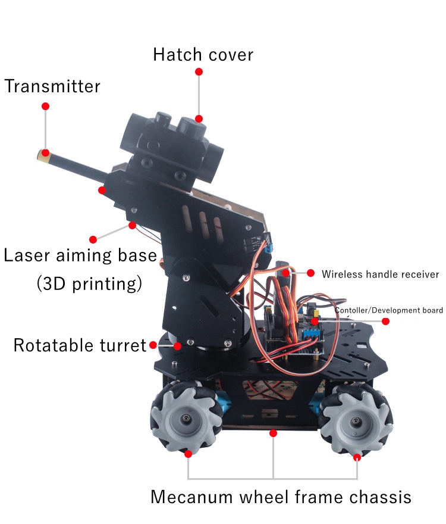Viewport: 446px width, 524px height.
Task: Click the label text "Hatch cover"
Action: click(203, 55)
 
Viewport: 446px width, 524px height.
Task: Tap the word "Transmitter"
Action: click(52, 86)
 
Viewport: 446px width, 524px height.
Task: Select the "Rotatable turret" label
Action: click(80, 345)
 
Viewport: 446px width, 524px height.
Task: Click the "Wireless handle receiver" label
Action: click(380, 275)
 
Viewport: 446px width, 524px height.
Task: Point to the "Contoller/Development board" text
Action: click(388, 310)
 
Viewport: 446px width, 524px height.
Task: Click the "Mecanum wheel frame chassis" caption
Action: click(281, 497)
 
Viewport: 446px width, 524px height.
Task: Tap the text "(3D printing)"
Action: click(89, 283)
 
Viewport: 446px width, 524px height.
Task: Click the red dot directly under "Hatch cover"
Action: click(199, 71)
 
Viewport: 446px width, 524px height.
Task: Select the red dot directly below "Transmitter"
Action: click(45, 106)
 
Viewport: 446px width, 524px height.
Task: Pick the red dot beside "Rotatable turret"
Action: click(153, 345)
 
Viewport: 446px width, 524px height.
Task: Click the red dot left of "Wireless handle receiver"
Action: click(310, 273)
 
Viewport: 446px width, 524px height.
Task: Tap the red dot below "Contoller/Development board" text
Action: click(385, 322)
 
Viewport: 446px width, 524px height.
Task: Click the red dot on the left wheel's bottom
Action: click(189, 454)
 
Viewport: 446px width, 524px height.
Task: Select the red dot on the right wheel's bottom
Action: click(357, 457)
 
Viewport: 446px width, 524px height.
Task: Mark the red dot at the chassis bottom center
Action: click(273, 433)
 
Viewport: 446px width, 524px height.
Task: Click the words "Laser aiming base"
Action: click(80, 256)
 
